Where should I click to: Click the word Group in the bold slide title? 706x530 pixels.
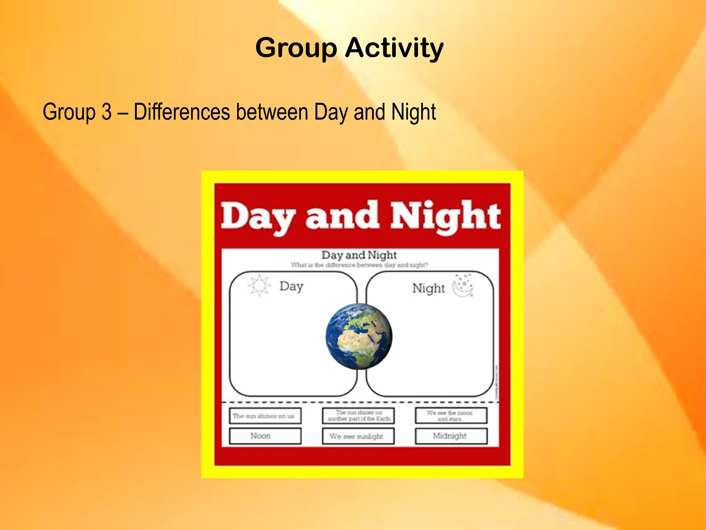tap(296, 48)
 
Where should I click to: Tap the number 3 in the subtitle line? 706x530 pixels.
tap(107, 112)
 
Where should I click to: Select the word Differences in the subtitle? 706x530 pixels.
tap(182, 112)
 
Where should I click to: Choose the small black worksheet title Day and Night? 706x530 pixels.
tap(359, 255)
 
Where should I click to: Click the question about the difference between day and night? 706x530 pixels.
tap(359, 265)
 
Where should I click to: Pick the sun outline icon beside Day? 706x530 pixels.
tap(259, 286)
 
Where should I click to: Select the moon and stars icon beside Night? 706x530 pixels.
tap(463, 286)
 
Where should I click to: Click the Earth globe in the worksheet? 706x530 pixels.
tap(359, 336)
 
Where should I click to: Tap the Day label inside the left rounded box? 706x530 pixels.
tap(291, 286)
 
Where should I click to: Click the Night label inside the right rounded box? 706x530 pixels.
tap(428, 288)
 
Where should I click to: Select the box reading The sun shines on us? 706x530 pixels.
tap(265, 416)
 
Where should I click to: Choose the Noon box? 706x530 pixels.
tap(265, 436)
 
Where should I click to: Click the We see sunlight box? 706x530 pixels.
tap(358, 436)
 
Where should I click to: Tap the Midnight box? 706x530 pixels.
tap(451, 436)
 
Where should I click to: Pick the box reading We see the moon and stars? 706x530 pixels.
tap(451, 416)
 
